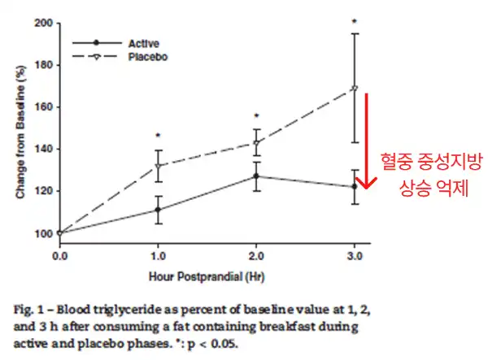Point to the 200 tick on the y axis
tap(43, 23)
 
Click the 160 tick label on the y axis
tap(43, 107)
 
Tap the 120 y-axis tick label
tap(43, 191)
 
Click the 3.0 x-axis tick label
tap(354, 255)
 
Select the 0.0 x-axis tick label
tap(59, 255)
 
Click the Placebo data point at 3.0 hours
tap(354, 88)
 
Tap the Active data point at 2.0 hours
tap(256, 176)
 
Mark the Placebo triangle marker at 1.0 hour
tap(158, 166)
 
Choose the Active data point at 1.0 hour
tap(158, 210)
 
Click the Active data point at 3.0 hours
tap(354, 187)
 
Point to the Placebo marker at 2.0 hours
tap(256, 143)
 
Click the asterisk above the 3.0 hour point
tap(354, 22)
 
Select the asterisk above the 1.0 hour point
tap(158, 136)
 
